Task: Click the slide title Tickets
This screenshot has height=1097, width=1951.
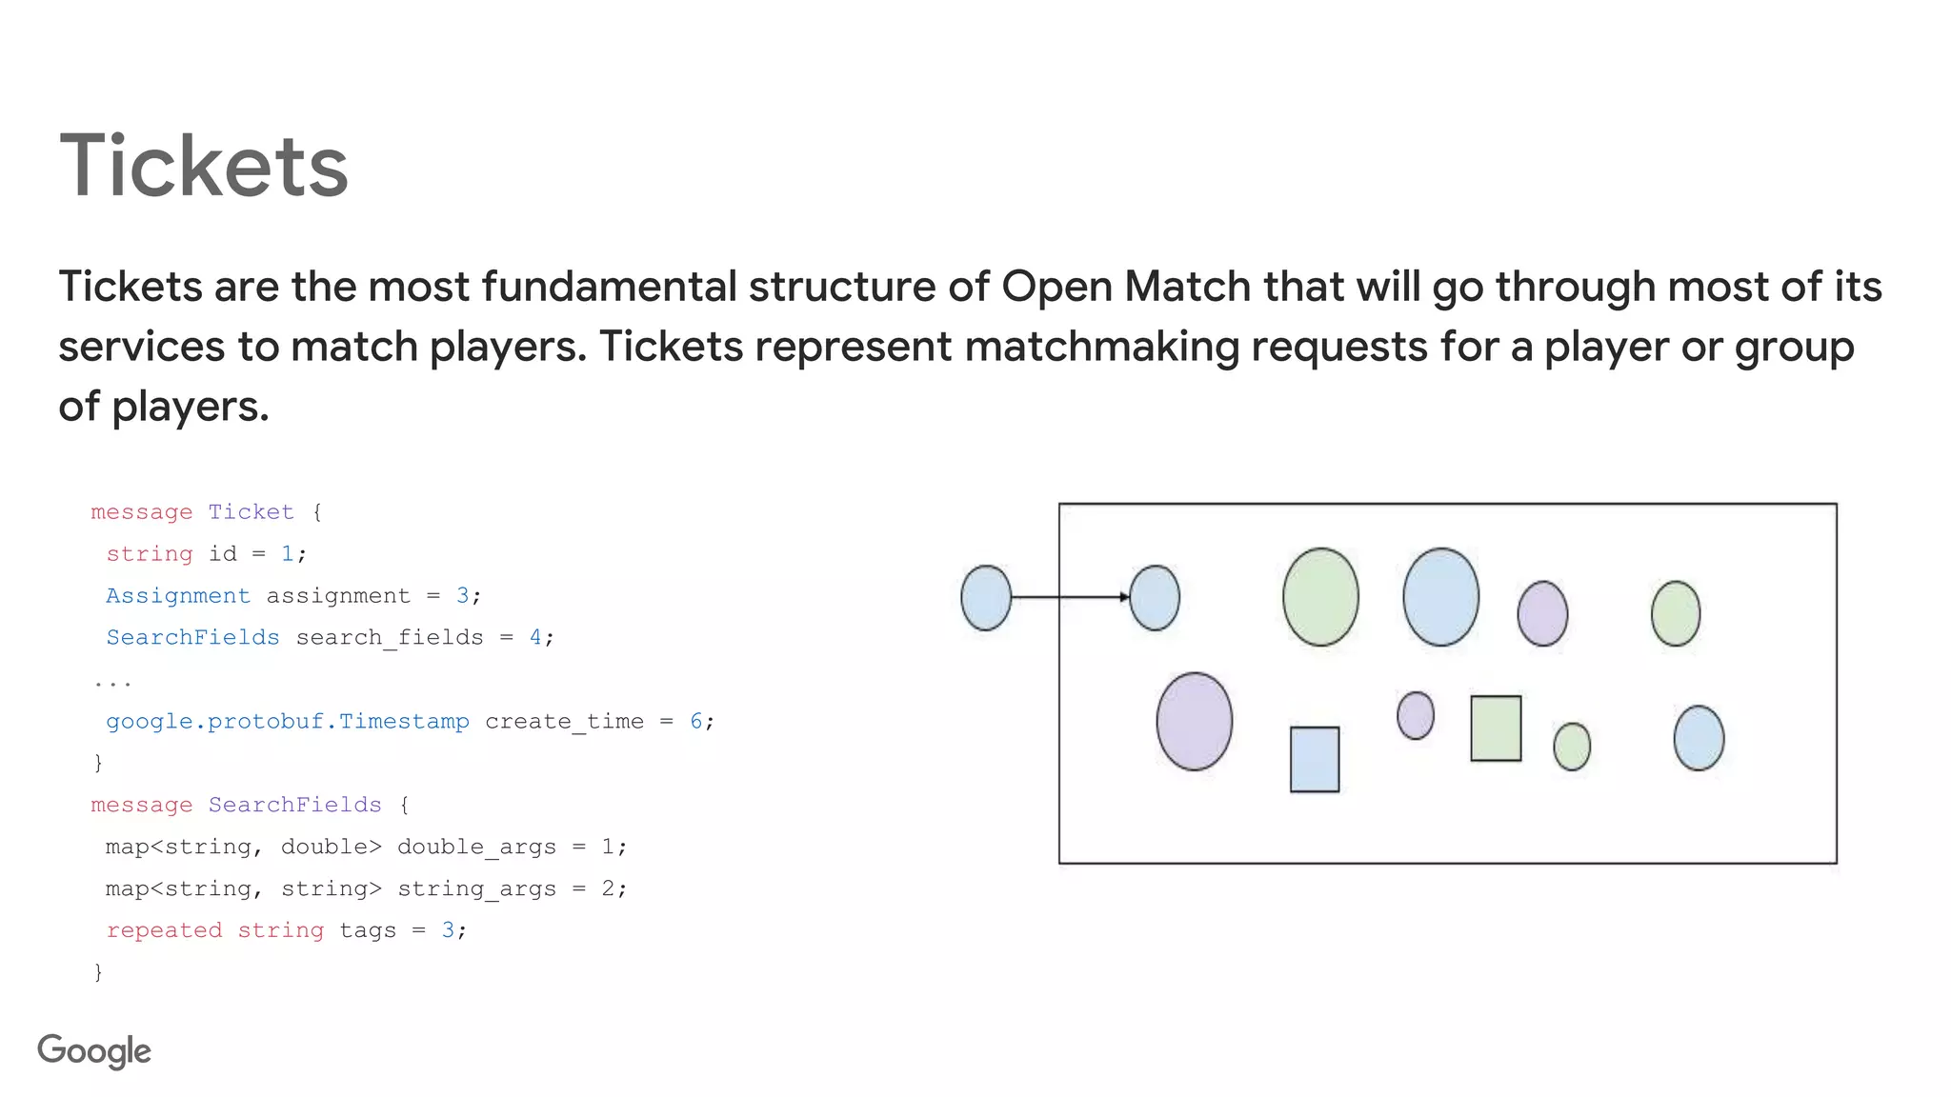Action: tap(204, 167)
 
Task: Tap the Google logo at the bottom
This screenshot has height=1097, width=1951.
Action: tap(94, 1051)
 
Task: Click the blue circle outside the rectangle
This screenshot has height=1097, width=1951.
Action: tap(986, 598)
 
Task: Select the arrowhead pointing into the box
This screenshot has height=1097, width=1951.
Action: tap(1124, 597)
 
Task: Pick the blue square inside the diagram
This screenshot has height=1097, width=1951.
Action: tap(1315, 759)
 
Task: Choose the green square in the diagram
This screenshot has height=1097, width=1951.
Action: tap(1496, 728)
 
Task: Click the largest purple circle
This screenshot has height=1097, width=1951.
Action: tap(1194, 721)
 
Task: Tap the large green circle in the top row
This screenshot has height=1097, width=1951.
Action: tap(1320, 597)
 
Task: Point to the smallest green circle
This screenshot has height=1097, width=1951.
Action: tap(1572, 747)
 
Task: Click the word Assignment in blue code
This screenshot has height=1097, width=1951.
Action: tap(178, 596)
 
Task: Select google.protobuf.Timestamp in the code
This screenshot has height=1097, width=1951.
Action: tap(288, 722)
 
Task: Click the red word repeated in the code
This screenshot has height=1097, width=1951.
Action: tap(164, 930)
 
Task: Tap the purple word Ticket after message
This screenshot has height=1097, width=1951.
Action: tap(251, 512)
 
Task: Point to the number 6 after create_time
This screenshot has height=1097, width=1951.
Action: tap(696, 722)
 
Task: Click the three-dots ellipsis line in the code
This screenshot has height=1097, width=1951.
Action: tap(112, 682)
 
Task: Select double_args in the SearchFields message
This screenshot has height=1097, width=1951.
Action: tap(476, 848)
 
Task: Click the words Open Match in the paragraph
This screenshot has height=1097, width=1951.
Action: tap(1125, 287)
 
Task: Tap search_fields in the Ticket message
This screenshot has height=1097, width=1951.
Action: tap(390, 638)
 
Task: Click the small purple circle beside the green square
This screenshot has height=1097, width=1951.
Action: tap(1415, 715)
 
